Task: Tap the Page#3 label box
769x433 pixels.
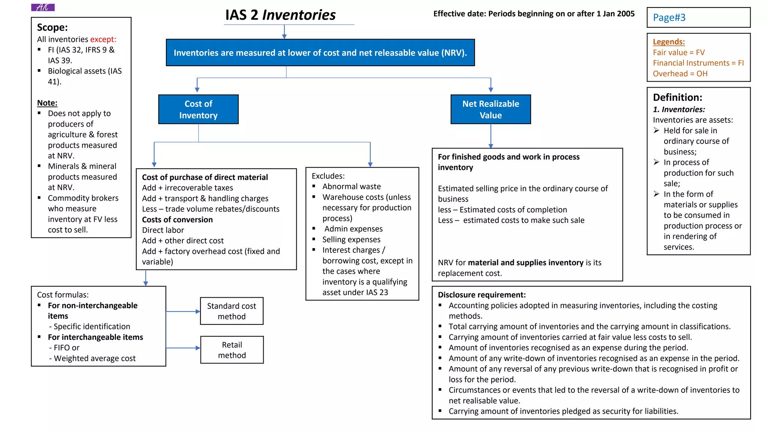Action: click(x=698, y=17)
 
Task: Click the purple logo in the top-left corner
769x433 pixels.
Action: click(x=43, y=7)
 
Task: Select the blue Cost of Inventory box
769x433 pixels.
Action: click(x=198, y=109)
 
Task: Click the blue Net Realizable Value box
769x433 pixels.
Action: click(x=490, y=109)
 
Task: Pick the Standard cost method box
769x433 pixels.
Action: click(x=232, y=311)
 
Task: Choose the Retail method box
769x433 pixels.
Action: click(x=232, y=350)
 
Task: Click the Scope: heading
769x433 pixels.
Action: click(x=52, y=27)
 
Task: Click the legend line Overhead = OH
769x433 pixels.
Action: click(x=680, y=74)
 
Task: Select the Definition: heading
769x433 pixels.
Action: click(x=677, y=97)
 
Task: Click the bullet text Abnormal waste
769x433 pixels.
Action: click(x=351, y=186)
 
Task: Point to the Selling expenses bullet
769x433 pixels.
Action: click(x=351, y=239)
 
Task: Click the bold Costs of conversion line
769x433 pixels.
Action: click(x=177, y=220)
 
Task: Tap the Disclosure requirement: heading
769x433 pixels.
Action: click(x=481, y=295)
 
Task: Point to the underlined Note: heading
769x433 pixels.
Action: click(x=47, y=103)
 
